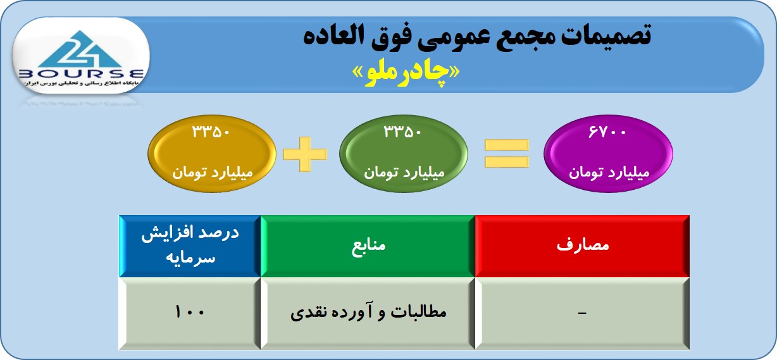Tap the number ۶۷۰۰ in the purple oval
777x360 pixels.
(607, 132)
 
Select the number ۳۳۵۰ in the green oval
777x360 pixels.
(402, 132)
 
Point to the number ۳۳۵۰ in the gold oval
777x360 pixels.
(211, 132)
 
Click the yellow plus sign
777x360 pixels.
(305, 154)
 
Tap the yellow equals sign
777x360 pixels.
(507, 153)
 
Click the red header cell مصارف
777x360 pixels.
(582, 246)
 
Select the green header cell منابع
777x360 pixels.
(368, 246)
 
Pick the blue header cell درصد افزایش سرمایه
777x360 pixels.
(190, 246)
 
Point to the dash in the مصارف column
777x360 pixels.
(582, 313)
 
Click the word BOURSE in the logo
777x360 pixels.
(81, 74)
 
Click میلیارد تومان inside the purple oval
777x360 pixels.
(609, 172)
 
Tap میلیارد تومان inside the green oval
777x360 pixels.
(404, 172)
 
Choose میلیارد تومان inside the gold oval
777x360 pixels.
(213, 172)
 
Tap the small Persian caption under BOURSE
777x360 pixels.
(81, 84)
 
